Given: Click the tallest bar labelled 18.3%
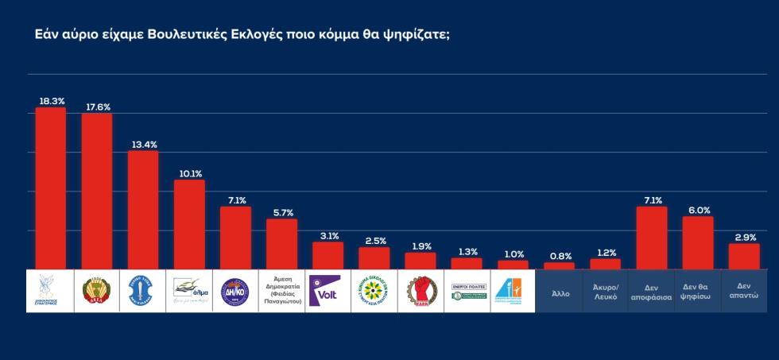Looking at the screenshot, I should coord(51,188).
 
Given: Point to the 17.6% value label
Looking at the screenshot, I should coord(97,106).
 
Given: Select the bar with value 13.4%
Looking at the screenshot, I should coord(143,210).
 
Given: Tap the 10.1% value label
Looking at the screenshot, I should coord(189,173).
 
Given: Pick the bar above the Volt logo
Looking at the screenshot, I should coord(327,255).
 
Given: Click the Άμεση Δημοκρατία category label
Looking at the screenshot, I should coord(281,291).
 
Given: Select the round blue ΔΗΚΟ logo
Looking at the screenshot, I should coord(235,291).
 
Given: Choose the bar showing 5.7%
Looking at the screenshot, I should coord(281,244).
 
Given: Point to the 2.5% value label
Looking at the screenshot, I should coord(374,240).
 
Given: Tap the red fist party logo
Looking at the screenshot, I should coord(420,291).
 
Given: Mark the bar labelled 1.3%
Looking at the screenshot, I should coord(466,263).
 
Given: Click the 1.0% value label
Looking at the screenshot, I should coord(513,254).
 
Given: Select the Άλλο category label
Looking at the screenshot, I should coord(559,292).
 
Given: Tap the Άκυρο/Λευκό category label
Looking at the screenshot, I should coord(605,291).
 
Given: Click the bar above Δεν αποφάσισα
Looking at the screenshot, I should coord(651,238).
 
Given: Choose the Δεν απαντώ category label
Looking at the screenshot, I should coord(743,291).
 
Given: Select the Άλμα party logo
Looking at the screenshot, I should coord(189,291).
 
